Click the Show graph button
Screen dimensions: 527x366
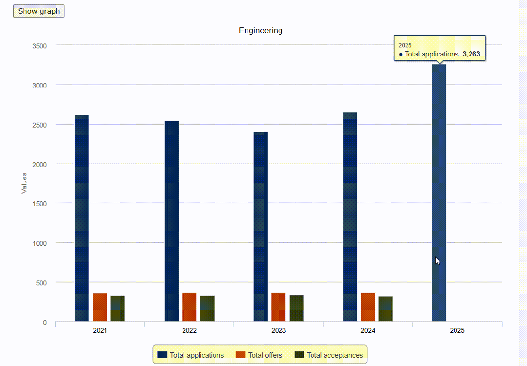(39, 11)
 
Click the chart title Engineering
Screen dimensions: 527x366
(260, 31)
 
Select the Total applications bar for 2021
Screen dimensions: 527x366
(82, 218)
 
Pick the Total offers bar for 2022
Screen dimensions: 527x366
(189, 307)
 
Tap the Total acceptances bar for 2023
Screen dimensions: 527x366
(296, 308)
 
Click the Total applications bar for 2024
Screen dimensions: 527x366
(350, 217)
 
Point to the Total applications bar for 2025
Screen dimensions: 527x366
(439, 193)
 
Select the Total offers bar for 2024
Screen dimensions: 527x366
(368, 307)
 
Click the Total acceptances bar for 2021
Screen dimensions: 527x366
(118, 309)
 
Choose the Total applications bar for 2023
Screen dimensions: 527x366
(261, 227)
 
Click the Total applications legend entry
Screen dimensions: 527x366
(190, 355)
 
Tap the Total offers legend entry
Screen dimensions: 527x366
(259, 355)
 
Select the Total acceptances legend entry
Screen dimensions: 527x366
(329, 355)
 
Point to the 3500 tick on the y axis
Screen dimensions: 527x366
(40, 46)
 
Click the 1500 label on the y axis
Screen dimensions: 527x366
(40, 204)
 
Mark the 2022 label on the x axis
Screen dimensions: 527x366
(190, 330)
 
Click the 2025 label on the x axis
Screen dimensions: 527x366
(457, 330)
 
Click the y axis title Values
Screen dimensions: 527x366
(24, 183)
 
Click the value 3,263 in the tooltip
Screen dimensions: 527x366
(471, 54)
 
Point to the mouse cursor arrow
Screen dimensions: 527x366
(438, 261)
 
